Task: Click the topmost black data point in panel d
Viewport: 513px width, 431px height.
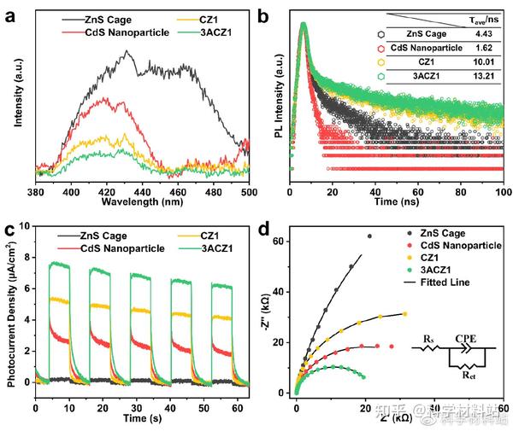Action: pos(370,236)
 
